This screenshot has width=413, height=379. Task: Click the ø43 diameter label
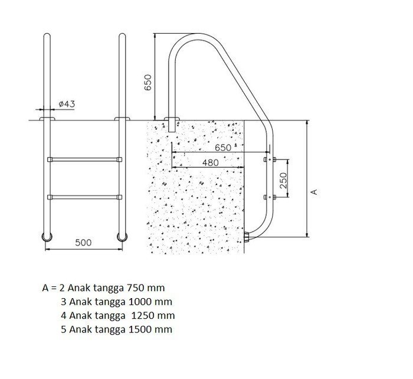click(x=67, y=104)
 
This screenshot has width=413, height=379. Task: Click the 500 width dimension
click(x=83, y=243)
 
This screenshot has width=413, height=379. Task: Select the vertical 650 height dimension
click(x=148, y=81)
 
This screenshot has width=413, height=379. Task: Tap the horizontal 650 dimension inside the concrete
click(x=222, y=147)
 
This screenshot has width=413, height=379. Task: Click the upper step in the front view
click(x=84, y=159)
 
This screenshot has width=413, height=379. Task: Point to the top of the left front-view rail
click(x=46, y=37)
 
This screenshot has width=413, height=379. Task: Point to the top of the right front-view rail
click(x=122, y=37)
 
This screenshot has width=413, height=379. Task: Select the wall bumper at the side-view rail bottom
click(x=247, y=237)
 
